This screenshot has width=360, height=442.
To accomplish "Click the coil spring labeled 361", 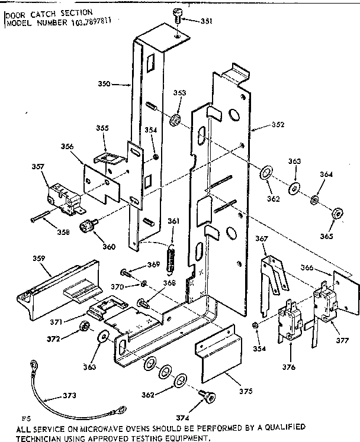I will click(173, 258).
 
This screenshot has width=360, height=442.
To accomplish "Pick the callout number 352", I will click(278, 125).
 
